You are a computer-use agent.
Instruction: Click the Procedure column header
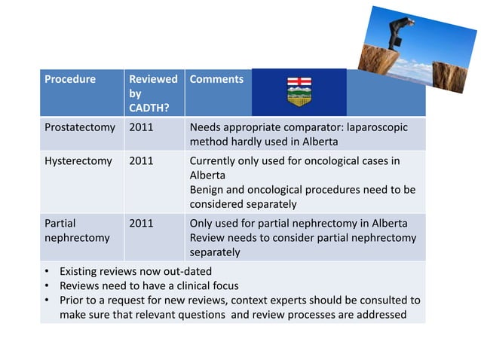[x=69, y=79]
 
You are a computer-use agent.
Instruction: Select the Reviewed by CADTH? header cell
[x=153, y=93]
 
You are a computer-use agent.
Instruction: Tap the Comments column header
[x=216, y=79]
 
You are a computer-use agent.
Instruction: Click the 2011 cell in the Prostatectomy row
[x=141, y=127]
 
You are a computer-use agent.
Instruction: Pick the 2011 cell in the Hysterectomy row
[x=141, y=160]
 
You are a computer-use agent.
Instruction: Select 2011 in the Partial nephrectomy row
[x=141, y=224]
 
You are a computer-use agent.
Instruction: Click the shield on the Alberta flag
[x=299, y=94]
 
